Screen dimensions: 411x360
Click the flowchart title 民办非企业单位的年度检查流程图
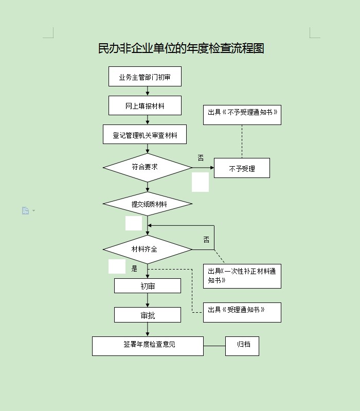[x=181, y=48]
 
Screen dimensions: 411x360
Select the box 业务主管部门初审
[x=145, y=77]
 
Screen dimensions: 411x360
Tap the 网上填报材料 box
[x=145, y=106]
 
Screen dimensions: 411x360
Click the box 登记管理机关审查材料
[x=145, y=135]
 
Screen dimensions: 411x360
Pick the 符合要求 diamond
[x=147, y=167]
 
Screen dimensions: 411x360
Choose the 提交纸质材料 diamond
[x=148, y=204]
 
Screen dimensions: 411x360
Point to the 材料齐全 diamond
[x=147, y=249]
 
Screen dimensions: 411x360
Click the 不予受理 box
[x=242, y=168]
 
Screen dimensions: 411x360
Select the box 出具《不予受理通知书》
[x=242, y=114]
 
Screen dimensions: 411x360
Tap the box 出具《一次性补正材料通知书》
[x=242, y=276]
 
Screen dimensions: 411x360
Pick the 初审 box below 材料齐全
[x=147, y=285]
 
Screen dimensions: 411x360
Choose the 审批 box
[x=147, y=315]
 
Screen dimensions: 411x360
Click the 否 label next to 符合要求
[x=201, y=157]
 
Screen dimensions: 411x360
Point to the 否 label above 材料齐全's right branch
[x=206, y=240]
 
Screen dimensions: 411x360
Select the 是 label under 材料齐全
[x=135, y=268]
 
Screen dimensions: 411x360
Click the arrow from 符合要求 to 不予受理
[x=203, y=167]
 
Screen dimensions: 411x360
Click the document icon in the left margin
[x=26, y=210]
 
